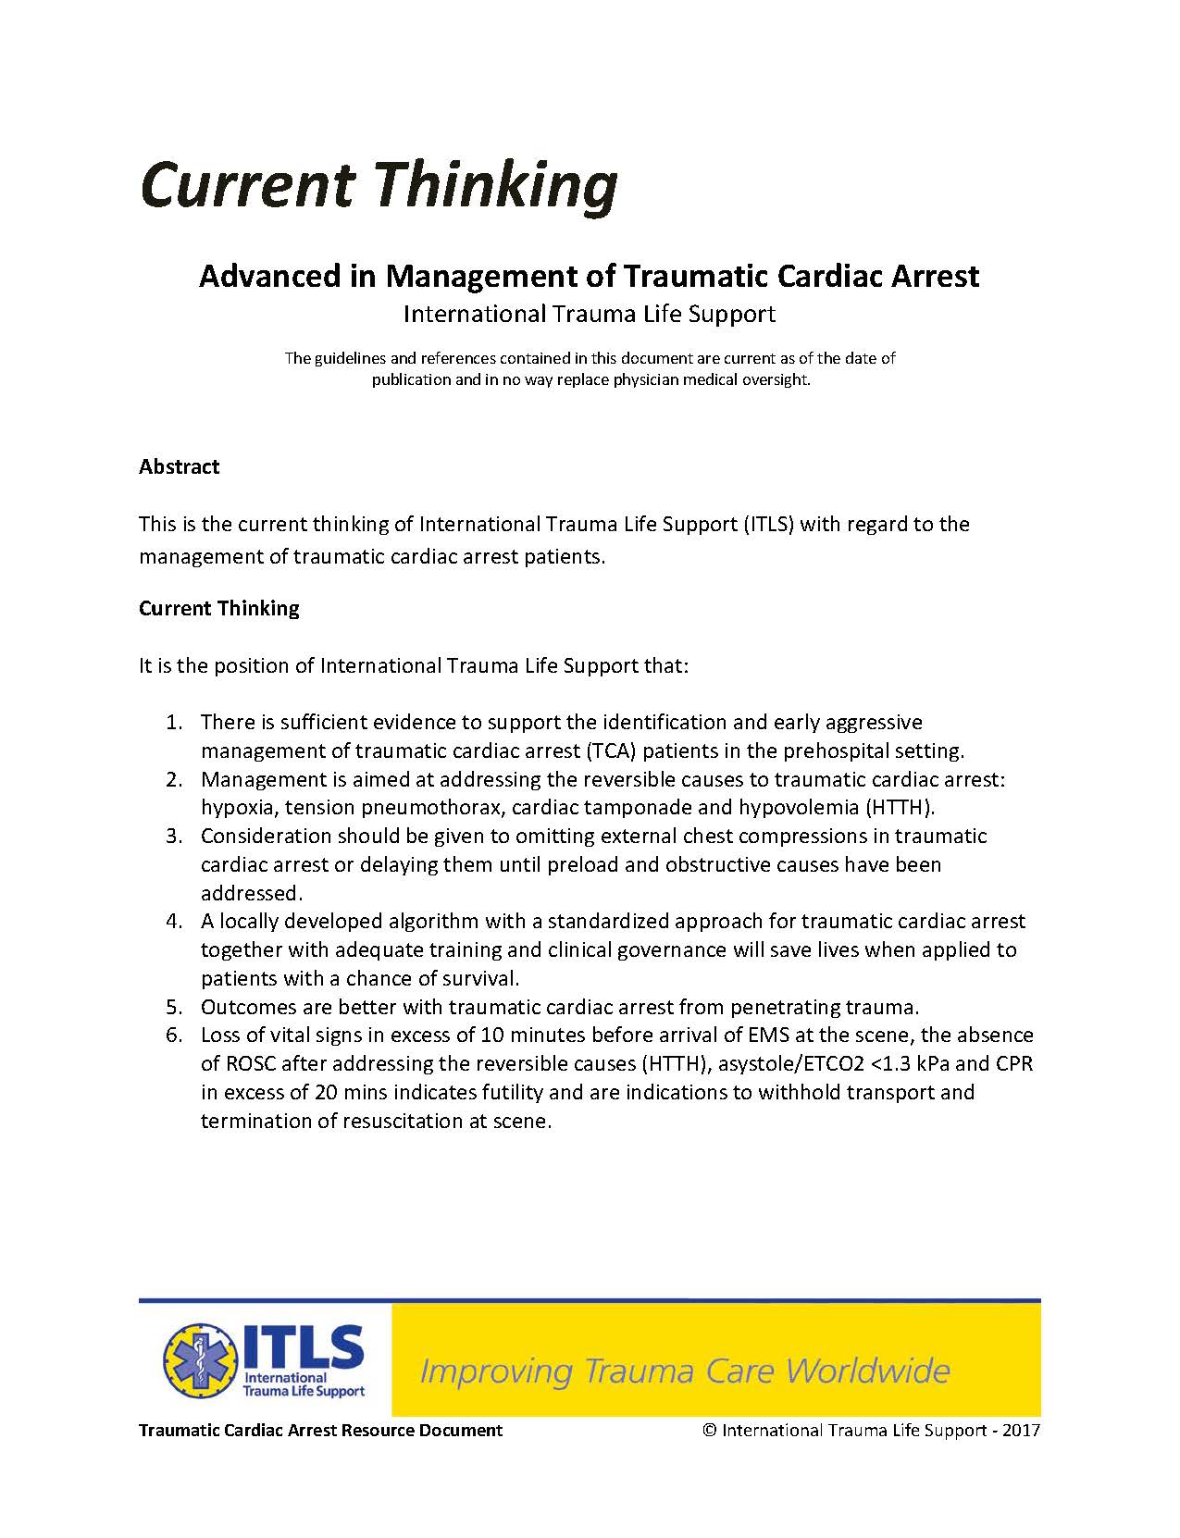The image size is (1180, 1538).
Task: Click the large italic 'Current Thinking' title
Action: pos(379,185)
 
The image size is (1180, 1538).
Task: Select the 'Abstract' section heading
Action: pos(179,466)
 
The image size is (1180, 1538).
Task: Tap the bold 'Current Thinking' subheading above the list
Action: pos(219,608)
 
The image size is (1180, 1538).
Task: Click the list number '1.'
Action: pos(174,722)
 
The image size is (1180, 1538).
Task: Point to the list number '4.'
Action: pos(174,922)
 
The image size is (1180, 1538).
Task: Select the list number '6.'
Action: pos(174,1036)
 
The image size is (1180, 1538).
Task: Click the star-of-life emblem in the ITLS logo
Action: pos(199,1360)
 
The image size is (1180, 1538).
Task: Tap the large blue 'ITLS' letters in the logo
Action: pos(304,1346)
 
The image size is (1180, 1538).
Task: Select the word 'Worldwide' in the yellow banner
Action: pos(868,1371)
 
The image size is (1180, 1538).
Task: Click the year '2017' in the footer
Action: pos(1021,1431)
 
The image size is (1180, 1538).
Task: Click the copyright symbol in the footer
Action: pos(710,1431)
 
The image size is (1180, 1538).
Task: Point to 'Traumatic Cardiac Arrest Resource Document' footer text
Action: pos(320,1431)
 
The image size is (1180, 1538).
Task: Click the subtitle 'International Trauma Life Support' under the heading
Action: pos(589,315)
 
